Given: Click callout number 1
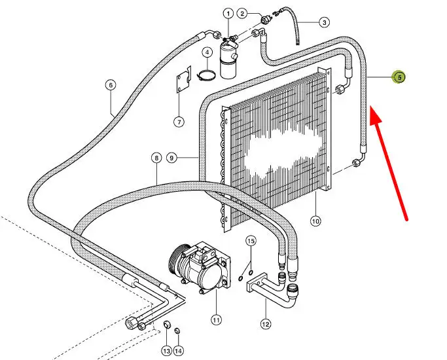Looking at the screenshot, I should coord(228,13).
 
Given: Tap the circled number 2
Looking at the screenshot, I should coord(241,13).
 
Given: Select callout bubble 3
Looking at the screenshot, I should coord(324,22).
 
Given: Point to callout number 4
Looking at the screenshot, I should coord(206,52).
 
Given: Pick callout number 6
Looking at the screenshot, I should coord(110,84).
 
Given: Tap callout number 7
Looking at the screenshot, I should coord(179,121).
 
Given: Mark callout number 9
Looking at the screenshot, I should coord(172,158).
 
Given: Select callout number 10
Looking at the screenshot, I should coord(315,221).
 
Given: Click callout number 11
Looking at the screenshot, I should coord(217,320).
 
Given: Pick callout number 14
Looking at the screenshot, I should coord(179,351).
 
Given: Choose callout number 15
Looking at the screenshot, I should coord(250,242).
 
